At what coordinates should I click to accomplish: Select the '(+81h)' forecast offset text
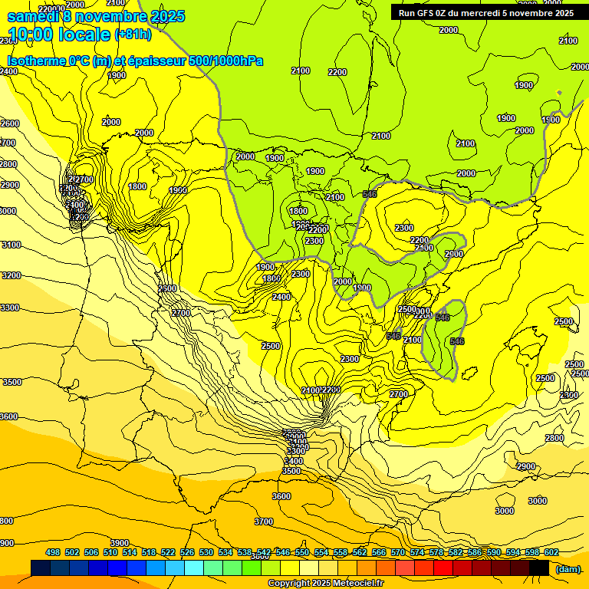pos(133,35)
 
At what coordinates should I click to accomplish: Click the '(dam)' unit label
pos(568,568)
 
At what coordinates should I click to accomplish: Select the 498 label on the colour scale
pos(53,552)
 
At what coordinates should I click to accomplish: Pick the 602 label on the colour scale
pos(551,552)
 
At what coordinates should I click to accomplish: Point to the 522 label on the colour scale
pos(168,552)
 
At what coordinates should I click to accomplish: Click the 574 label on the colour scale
pos(417,552)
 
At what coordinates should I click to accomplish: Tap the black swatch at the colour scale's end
pos(539,568)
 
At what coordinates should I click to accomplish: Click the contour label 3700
pos(263,522)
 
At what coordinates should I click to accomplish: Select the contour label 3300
pos(9,308)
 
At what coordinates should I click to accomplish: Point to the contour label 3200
pos(11,275)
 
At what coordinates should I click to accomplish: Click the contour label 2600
pos(9,123)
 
